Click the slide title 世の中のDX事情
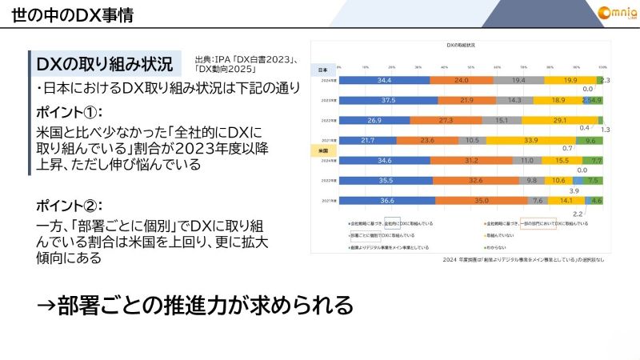pyautogui.click(x=68, y=14)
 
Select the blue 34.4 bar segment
pyautogui.click(x=384, y=81)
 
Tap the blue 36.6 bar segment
pyautogui.click(x=387, y=201)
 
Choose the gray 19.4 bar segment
pyautogui.click(x=518, y=81)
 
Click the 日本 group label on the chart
pyautogui.click(x=323, y=69)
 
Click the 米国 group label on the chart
pyautogui.click(x=323, y=150)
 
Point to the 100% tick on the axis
pyautogui.click(x=602, y=67)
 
